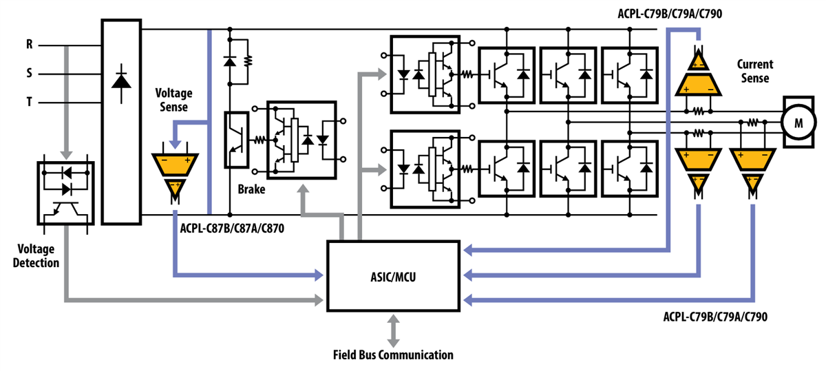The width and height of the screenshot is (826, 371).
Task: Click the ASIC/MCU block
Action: (393, 275)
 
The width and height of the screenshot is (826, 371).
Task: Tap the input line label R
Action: (29, 45)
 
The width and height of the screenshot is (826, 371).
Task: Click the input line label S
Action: (29, 72)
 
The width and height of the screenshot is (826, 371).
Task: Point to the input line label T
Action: (29, 102)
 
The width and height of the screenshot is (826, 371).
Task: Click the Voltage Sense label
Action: (173, 100)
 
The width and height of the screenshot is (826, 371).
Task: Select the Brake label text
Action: (252, 188)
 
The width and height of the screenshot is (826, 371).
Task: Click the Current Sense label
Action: (754, 71)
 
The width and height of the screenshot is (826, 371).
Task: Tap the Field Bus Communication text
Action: (393, 355)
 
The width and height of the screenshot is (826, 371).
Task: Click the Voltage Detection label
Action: (39, 256)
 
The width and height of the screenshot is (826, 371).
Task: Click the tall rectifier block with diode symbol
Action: (121, 121)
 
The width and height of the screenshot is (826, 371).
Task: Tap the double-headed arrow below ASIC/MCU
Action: (393, 331)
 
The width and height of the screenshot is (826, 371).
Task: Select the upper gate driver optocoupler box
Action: (431, 74)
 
